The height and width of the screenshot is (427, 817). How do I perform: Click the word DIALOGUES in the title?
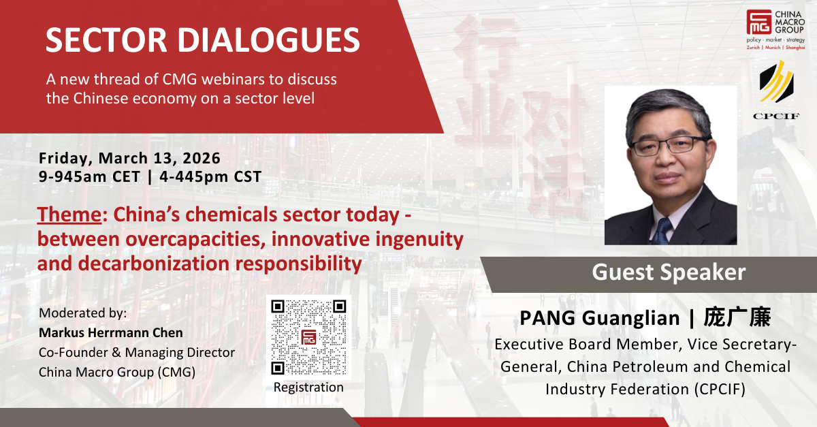(269, 39)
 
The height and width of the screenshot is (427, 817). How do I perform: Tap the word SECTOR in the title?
(106, 39)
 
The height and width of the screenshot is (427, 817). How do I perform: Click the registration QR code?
(308, 337)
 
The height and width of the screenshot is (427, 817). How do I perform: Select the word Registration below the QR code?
(308, 388)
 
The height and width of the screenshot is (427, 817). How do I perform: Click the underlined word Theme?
(69, 215)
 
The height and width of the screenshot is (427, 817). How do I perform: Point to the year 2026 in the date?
(202, 159)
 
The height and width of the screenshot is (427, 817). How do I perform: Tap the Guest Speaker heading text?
(669, 272)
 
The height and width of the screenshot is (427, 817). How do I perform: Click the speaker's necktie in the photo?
(661, 231)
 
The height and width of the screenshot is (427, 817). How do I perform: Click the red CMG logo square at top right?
(759, 22)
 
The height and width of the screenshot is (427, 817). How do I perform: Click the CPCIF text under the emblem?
(776, 116)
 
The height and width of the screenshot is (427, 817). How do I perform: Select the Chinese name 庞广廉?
(737, 317)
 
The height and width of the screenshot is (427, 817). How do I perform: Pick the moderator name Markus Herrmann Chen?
(111, 333)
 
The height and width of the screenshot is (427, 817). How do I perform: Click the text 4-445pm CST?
(210, 176)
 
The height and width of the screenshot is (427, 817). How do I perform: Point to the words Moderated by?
(83, 313)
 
